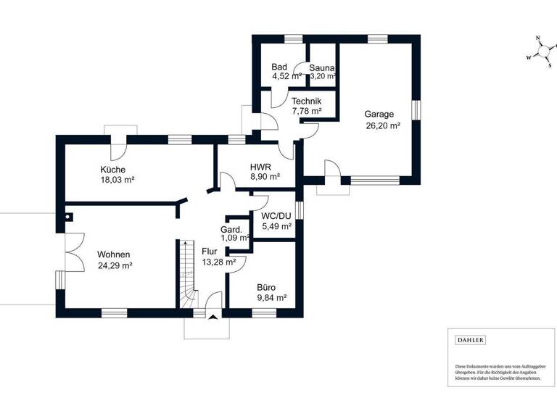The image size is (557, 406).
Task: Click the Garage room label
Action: (x=379, y=114)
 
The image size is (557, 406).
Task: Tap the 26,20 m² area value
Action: (x=384, y=125)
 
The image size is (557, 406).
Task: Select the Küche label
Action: (x=113, y=170)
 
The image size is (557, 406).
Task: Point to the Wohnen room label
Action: (x=114, y=254)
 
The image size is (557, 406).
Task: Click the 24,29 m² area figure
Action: (x=115, y=265)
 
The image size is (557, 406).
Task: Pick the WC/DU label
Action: (x=276, y=216)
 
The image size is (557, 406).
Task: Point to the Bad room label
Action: (x=280, y=66)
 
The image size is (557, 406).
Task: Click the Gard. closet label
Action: (x=232, y=230)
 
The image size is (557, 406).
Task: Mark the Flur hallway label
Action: (x=210, y=252)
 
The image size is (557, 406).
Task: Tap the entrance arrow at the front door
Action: (x=212, y=315)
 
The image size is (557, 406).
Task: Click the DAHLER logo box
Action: (x=470, y=339)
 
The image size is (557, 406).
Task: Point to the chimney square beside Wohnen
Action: (x=68, y=215)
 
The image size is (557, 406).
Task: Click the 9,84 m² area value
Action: (x=272, y=298)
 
